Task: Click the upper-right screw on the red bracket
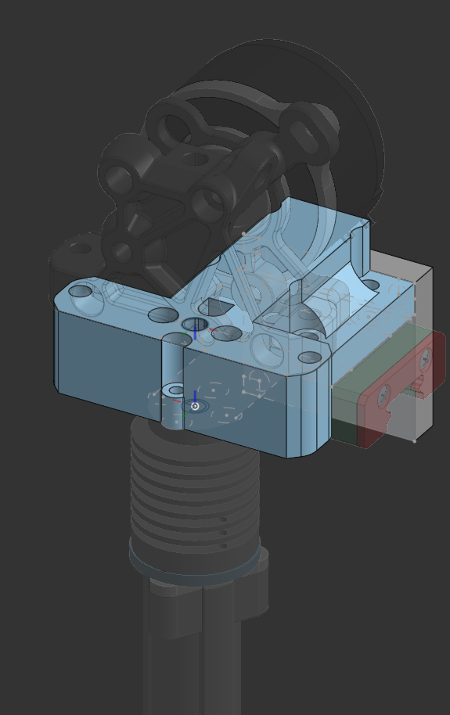425,359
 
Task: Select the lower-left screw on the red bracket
383,397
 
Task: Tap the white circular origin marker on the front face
195,406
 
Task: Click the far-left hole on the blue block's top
80,292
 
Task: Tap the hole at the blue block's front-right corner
310,357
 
